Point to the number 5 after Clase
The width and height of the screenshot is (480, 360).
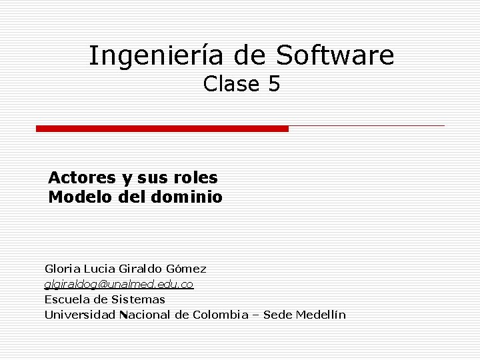click(274, 85)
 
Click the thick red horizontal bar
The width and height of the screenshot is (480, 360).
click(162, 129)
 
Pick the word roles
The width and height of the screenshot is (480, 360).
click(196, 178)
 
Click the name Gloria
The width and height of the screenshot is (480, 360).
click(62, 269)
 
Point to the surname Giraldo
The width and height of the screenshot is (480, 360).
click(141, 269)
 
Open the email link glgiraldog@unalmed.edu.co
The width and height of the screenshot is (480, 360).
click(119, 285)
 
